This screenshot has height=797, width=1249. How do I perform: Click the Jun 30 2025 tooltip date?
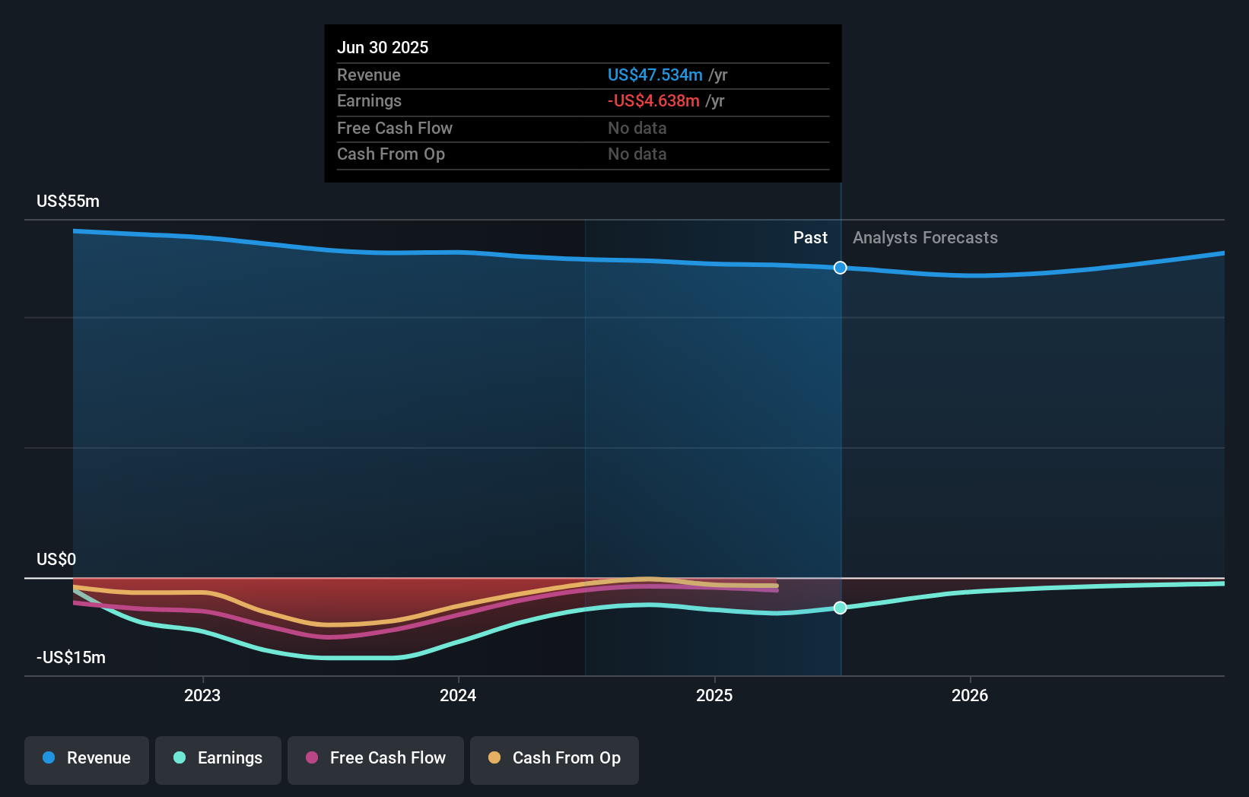383,47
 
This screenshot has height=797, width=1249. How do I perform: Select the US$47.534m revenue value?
654,75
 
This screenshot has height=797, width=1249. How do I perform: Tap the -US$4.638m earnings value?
653,100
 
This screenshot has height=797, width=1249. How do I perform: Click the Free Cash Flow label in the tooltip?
394,128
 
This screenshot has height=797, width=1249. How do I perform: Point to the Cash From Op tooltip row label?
390,154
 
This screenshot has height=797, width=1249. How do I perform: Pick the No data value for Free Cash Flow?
637,128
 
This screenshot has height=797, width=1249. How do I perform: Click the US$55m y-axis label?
68,201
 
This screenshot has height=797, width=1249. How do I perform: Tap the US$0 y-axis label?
56,559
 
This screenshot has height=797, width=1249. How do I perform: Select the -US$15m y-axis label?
71,657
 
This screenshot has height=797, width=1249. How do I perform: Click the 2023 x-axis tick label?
202,695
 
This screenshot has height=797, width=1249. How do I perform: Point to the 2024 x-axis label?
458,695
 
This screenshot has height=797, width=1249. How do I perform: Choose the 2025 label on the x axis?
714,695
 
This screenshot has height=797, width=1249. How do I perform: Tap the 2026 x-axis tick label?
970,695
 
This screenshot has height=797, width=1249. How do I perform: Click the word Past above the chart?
810,237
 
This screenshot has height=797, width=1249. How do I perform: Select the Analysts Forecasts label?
925,237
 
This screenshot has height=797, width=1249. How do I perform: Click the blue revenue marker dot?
840,268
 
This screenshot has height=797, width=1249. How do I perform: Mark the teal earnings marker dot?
840,608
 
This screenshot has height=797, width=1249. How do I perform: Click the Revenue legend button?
87,758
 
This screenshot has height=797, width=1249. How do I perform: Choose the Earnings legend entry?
218,758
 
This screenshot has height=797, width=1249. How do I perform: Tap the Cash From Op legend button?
555,758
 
